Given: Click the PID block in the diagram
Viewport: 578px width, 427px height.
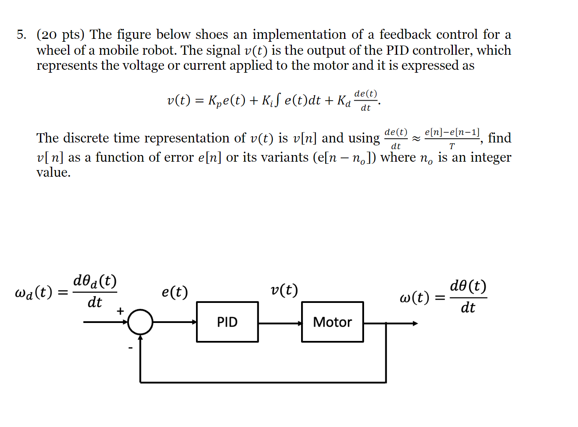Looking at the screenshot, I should (x=227, y=322).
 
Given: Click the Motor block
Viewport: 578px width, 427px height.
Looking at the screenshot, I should (x=332, y=322).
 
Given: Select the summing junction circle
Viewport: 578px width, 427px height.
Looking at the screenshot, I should (x=140, y=322).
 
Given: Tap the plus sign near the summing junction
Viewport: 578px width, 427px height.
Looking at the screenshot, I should (x=121, y=311).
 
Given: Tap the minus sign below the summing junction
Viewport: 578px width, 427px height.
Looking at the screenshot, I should (x=130, y=348).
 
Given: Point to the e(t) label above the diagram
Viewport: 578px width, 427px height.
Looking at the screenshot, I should (x=175, y=292).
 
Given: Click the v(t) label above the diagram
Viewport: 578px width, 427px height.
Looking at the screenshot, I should (x=284, y=290).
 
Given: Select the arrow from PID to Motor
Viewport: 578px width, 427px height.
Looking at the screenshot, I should (x=280, y=323).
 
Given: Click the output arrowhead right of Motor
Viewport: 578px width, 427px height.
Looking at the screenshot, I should (x=415, y=323).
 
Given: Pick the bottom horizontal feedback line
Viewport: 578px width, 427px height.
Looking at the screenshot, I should (x=263, y=382).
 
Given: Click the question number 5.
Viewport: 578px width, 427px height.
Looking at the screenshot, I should (x=21, y=34).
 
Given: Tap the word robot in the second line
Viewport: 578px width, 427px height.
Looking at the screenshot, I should (x=157, y=50).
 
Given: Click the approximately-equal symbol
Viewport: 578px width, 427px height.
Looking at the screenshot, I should (x=416, y=139).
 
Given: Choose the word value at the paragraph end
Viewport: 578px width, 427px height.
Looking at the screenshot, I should (x=53, y=173).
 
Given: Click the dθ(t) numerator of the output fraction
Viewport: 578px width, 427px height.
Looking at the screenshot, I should (x=468, y=287).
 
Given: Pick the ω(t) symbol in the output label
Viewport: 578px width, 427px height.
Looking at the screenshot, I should (x=414, y=297).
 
